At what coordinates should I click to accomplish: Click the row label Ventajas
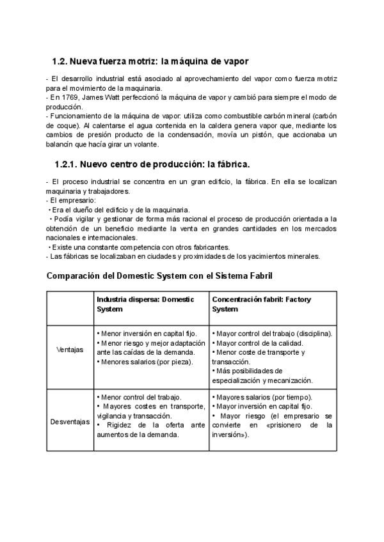[70, 350]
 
